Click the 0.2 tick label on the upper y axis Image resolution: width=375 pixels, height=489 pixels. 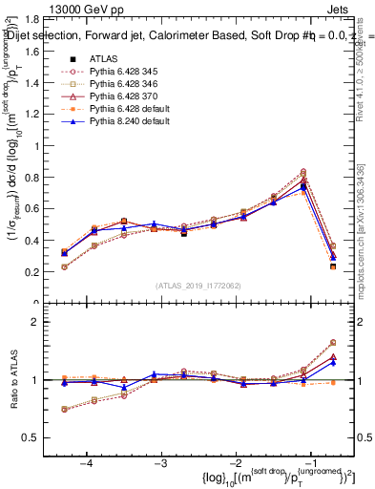48,272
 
